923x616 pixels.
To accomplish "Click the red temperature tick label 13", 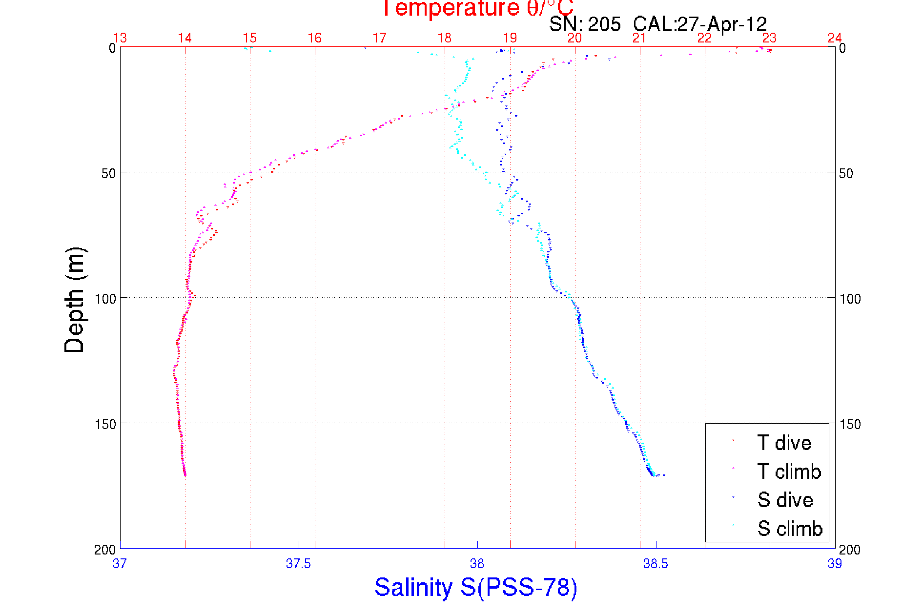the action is click(x=120, y=38).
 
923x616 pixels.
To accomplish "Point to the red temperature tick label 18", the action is click(x=445, y=38).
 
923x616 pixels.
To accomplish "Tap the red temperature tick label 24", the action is click(x=835, y=38).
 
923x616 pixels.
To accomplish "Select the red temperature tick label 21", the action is click(x=639, y=38).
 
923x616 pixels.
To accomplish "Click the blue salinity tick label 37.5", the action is click(x=298, y=564).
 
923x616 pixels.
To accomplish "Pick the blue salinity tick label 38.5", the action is click(x=656, y=564).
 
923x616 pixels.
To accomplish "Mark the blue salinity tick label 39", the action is click(x=835, y=564).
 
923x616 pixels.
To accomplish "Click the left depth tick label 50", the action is click(x=109, y=173).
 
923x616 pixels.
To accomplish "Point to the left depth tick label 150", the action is click(x=105, y=424).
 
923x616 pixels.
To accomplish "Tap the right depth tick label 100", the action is click(x=850, y=299).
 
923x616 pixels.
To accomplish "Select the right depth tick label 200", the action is click(x=850, y=550).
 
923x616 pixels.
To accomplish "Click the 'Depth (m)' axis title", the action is click(x=75, y=300).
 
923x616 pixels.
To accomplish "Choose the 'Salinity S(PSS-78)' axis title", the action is click(x=476, y=587).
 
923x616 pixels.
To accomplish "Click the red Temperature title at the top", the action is click(x=477, y=8).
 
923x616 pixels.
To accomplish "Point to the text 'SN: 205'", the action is click(x=585, y=24).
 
